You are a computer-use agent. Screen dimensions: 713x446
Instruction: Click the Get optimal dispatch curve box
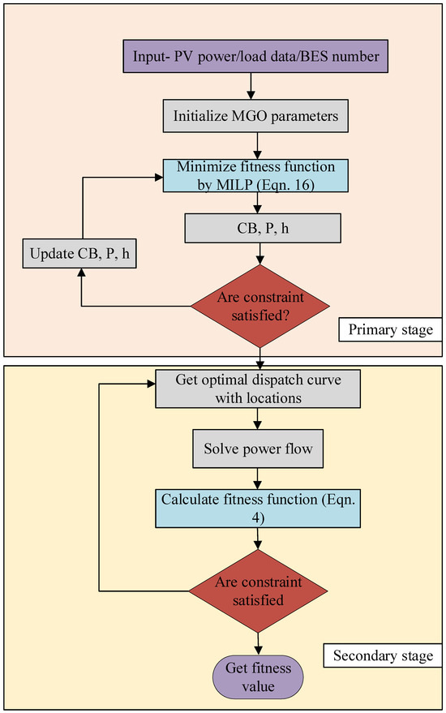(258, 389)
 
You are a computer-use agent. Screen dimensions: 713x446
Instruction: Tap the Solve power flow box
(258, 448)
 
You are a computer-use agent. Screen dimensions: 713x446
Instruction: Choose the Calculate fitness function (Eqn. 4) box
(258, 506)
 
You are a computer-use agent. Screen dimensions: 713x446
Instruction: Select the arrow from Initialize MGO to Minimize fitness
(258, 146)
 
